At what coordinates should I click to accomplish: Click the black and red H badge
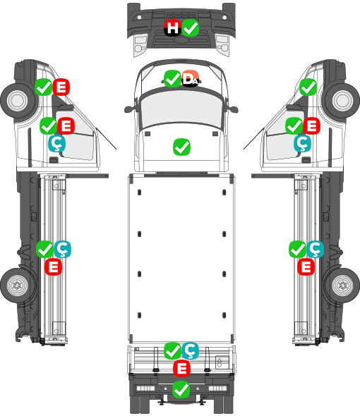(173, 27)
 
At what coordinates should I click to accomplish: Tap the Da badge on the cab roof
(191, 78)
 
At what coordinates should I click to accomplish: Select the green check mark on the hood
(181, 147)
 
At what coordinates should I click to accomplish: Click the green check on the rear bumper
(181, 389)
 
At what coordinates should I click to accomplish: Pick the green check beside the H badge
(191, 27)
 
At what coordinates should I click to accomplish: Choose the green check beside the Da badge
(172, 78)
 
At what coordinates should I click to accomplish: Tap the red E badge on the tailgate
(181, 369)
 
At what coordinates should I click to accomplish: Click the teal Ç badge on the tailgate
(191, 350)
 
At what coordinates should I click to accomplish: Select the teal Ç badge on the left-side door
(57, 143)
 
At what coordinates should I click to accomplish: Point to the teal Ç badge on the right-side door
(302, 143)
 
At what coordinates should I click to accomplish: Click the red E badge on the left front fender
(61, 87)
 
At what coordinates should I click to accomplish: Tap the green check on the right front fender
(308, 87)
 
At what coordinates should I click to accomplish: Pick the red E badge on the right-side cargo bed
(306, 267)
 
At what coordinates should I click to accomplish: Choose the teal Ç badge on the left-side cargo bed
(62, 249)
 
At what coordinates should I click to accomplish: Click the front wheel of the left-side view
(18, 100)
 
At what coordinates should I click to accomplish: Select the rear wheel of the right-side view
(342, 285)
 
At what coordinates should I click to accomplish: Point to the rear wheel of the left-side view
(18, 285)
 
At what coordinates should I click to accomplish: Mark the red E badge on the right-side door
(311, 126)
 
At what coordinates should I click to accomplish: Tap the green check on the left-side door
(49, 126)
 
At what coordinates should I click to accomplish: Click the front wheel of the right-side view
(342, 100)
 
